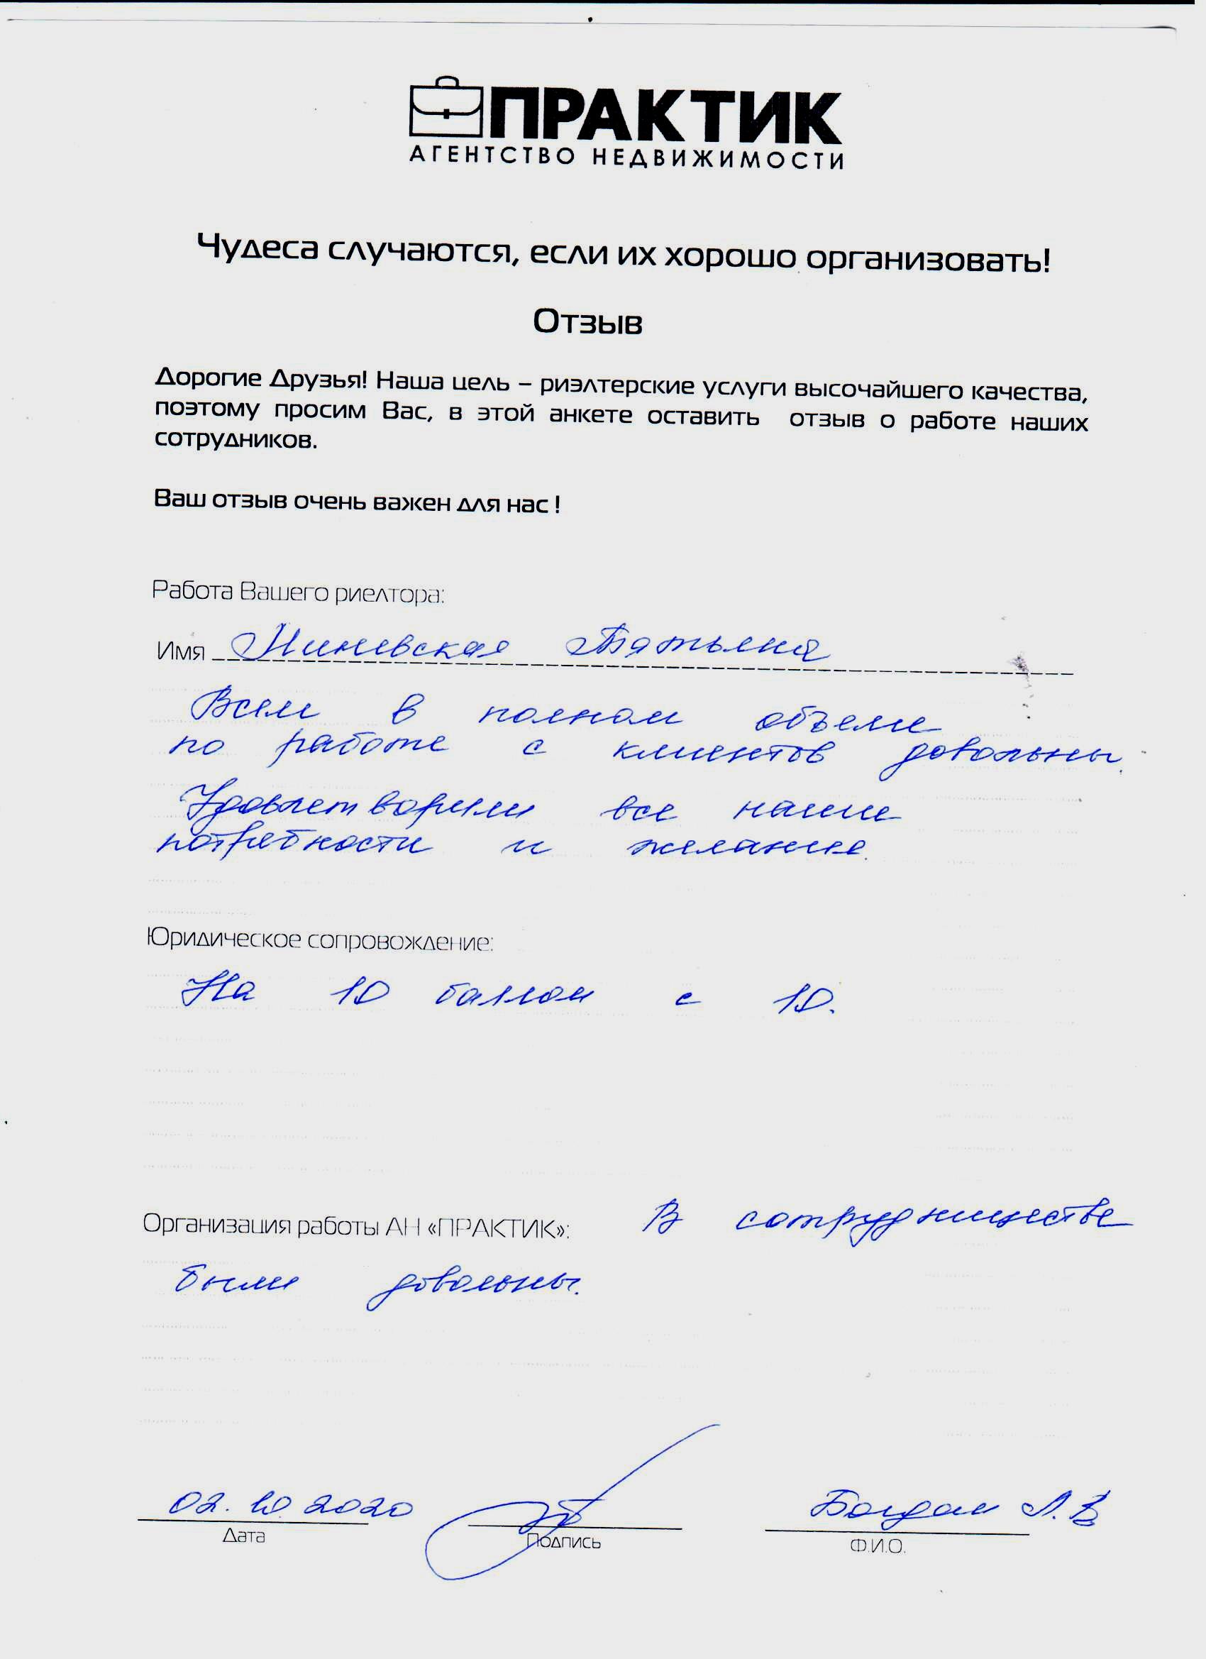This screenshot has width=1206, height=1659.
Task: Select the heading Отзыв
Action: (x=587, y=322)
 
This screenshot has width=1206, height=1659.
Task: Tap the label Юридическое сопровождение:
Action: (x=320, y=941)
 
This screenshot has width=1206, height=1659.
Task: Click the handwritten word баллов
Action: (x=514, y=996)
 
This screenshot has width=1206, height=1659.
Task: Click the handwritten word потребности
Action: (x=294, y=845)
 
